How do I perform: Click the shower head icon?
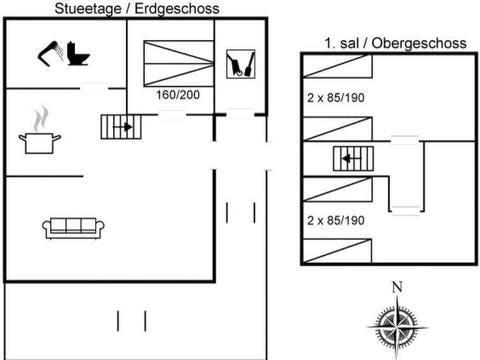tap(49, 53)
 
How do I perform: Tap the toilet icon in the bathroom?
tap(78, 53)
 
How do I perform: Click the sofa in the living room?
tap(74, 228)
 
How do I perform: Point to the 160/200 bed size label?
tap(178, 95)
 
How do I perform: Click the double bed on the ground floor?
tap(179, 64)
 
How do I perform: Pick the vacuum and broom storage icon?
tap(240, 64)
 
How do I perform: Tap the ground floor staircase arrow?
tap(123, 127)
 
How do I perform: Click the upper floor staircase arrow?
tap(352, 159)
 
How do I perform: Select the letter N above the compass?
tap(397, 287)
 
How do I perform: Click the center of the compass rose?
tap(397, 326)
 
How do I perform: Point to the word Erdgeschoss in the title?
tap(177, 9)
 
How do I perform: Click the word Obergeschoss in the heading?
tap(419, 43)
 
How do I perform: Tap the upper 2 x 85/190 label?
tap(336, 98)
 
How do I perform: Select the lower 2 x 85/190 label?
tap(336, 220)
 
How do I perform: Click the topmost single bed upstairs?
tap(337, 66)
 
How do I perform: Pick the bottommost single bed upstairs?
tap(337, 251)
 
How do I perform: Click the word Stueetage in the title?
tap(88, 9)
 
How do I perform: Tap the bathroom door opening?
tap(94, 88)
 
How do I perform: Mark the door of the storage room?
tap(240, 114)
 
